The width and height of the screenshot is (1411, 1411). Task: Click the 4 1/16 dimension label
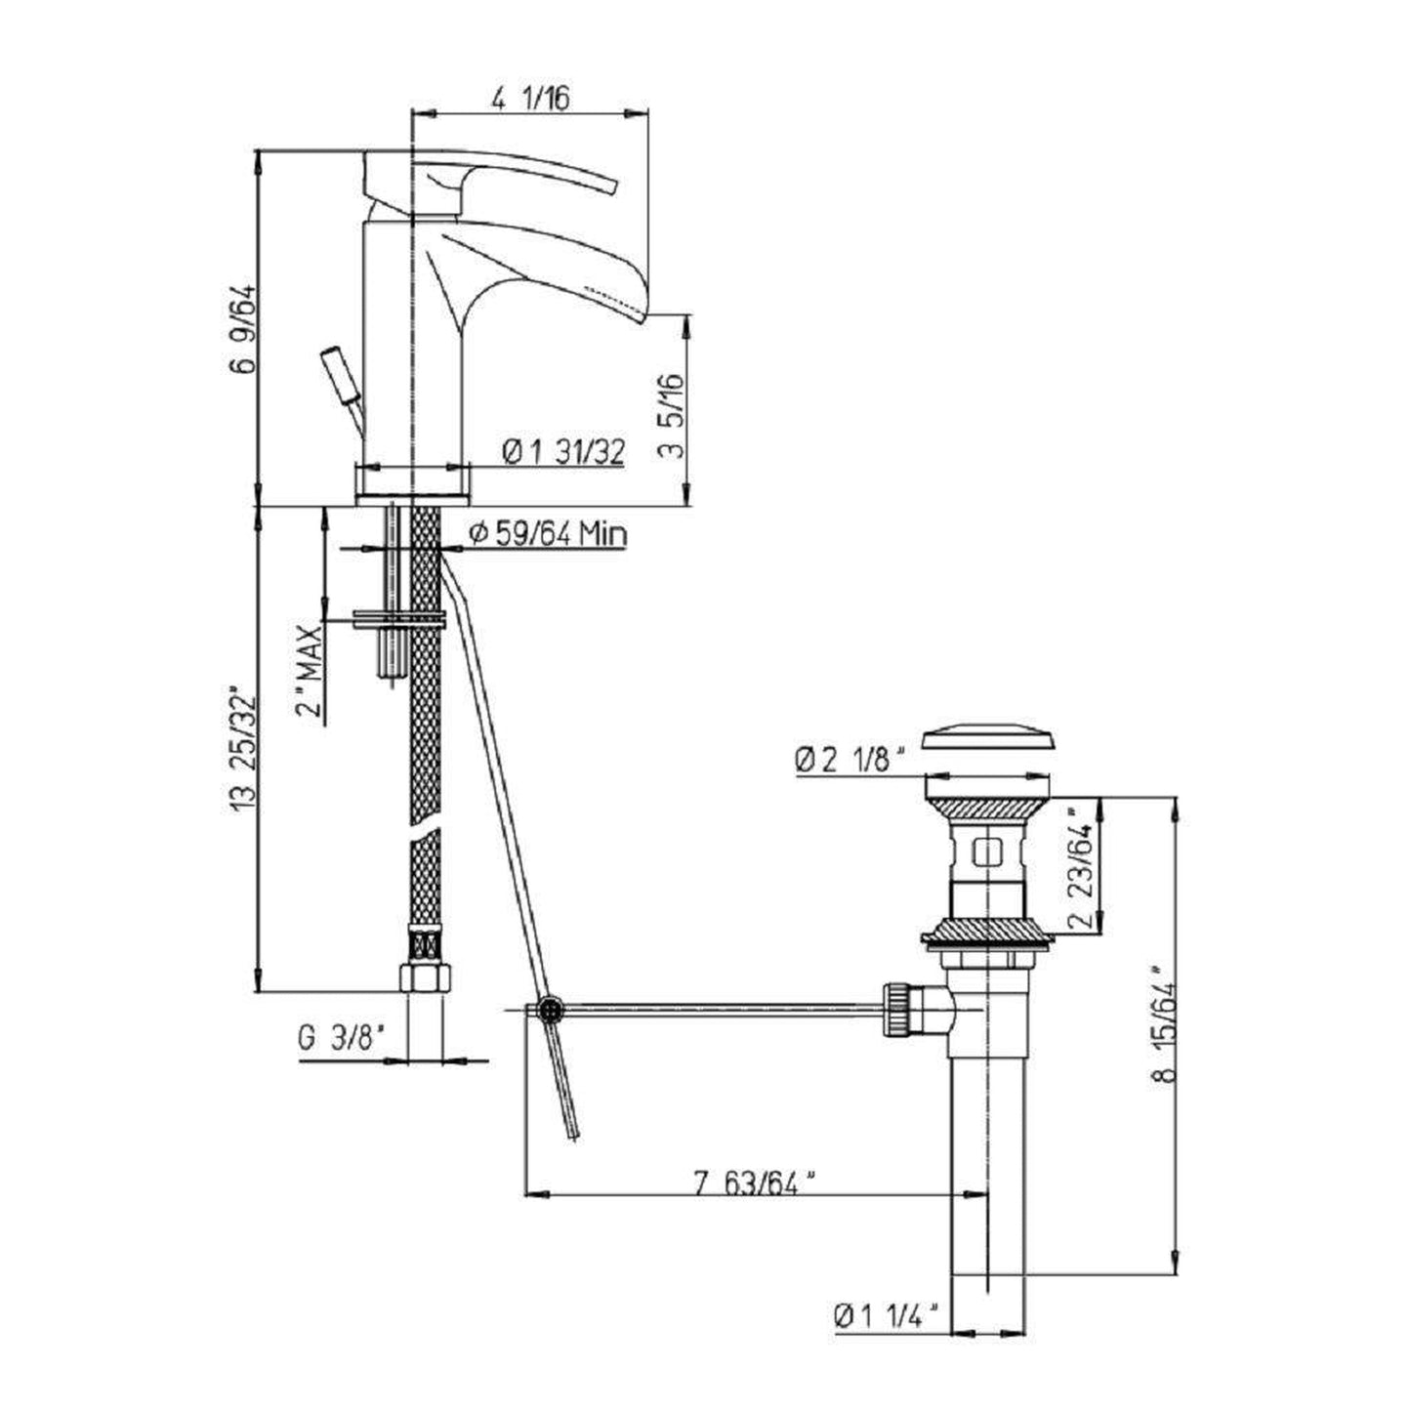point(529,98)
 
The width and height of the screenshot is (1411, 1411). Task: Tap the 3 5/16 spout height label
point(672,415)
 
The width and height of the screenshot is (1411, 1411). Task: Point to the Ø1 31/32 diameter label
point(563,453)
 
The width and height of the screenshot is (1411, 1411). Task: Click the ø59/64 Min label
point(548,534)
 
